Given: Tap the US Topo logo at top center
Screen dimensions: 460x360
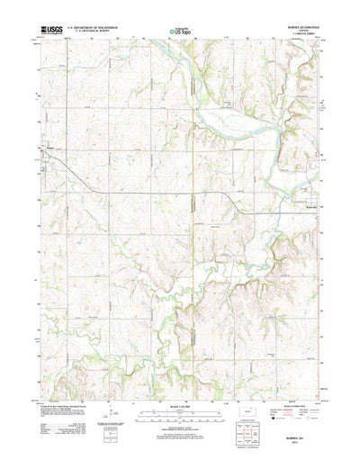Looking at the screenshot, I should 178,32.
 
